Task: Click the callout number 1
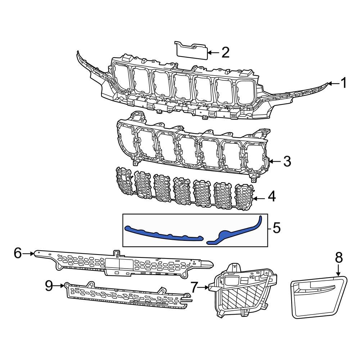click(344, 83)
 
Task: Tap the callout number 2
click(225, 53)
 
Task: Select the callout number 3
click(287, 162)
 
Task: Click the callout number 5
click(276, 228)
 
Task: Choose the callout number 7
click(194, 287)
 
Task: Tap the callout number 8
click(338, 257)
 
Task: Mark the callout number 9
click(49, 286)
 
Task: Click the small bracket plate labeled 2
click(192, 51)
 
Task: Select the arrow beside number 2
click(213, 53)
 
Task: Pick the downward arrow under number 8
click(338, 270)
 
